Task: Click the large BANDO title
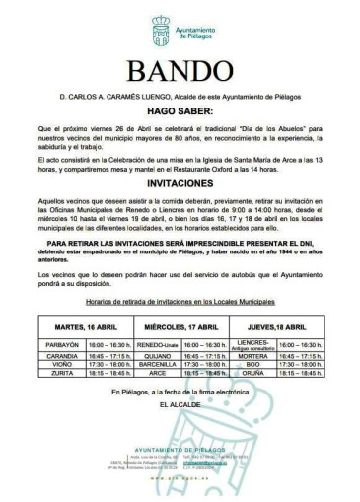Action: pos(179,72)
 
